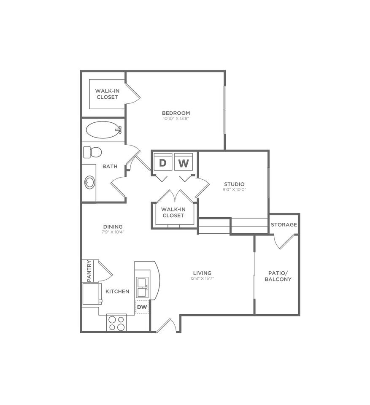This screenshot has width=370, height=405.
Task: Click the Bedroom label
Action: tap(176, 113)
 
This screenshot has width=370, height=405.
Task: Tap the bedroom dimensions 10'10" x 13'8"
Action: tap(176, 119)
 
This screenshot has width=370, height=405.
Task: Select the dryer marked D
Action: tap(163, 163)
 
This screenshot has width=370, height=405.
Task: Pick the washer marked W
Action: tap(184, 163)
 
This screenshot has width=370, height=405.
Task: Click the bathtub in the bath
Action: tap(103, 130)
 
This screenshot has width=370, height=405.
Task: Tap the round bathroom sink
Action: tap(90, 182)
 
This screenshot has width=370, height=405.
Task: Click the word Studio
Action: tap(234, 184)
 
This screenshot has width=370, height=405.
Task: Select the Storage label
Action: tap(284, 224)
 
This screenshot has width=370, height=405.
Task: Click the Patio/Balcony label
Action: tap(278, 276)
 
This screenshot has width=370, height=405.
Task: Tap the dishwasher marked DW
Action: tap(142, 307)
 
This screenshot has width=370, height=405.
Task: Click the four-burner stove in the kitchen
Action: tap(117, 323)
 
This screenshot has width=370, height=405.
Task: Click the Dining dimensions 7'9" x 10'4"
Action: tap(113, 232)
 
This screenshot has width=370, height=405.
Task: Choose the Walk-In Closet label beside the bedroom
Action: tap(107, 94)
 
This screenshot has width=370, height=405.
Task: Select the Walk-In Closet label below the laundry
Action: tap(173, 212)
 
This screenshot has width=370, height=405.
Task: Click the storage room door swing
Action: tap(282, 241)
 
